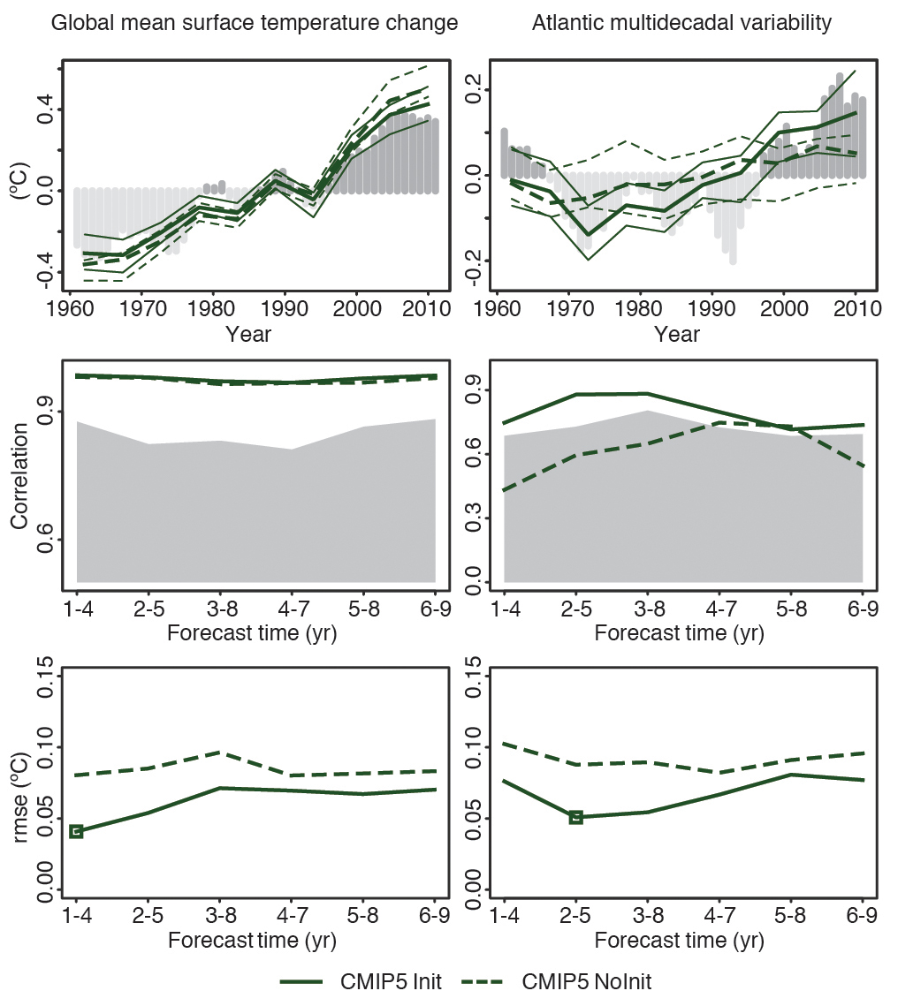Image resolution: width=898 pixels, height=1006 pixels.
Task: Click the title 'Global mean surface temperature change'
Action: pyautogui.click(x=255, y=24)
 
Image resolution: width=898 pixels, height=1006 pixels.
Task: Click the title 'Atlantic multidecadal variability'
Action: pyautogui.click(x=681, y=24)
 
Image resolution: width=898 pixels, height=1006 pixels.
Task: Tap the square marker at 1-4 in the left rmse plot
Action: pyautogui.click(x=76, y=831)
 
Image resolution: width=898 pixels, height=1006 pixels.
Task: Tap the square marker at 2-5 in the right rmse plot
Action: pyautogui.click(x=576, y=817)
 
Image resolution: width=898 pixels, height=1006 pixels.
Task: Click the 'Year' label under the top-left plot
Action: pyautogui.click(x=248, y=335)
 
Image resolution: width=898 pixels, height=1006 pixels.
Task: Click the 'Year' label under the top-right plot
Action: pyautogui.click(x=677, y=335)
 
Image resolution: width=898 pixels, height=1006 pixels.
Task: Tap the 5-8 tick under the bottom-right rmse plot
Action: pyautogui.click(x=791, y=917)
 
